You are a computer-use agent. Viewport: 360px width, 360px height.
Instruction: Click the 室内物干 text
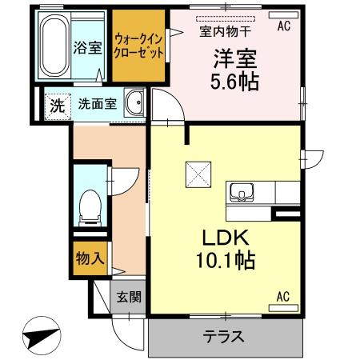click(225, 32)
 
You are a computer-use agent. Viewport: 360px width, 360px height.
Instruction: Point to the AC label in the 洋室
click(283, 26)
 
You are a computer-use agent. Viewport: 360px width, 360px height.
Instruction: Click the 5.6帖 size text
click(234, 81)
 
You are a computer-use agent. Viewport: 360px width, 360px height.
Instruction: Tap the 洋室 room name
click(232, 58)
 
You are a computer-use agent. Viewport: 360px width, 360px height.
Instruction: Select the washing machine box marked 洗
click(57, 104)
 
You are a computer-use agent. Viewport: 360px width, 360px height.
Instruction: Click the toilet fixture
click(89, 206)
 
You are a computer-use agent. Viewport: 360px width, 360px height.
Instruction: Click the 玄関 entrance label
click(129, 298)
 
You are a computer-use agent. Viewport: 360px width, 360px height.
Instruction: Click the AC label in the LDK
click(283, 297)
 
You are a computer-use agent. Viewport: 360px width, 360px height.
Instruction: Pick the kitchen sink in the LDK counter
click(242, 193)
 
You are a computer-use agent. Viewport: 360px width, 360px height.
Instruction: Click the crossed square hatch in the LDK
click(197, 173)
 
